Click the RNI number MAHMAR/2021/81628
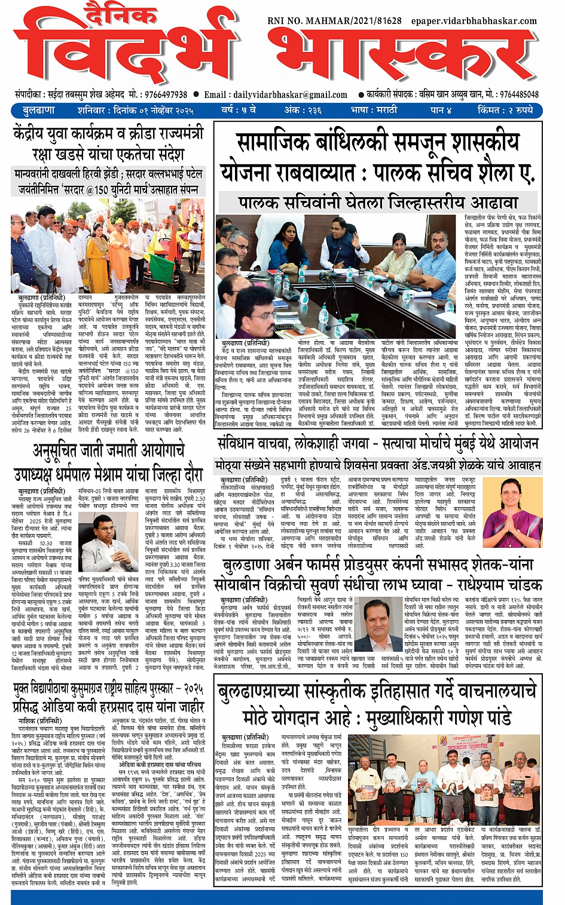coord(334,21)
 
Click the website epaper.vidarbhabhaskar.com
coord(474,21)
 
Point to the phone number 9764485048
coord(519,94)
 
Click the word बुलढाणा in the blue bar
coord(39,111)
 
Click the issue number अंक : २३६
coord(303,111)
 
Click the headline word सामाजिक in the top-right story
coord(272,144)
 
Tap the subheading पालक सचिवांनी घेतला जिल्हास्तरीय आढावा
coord(369,202)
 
